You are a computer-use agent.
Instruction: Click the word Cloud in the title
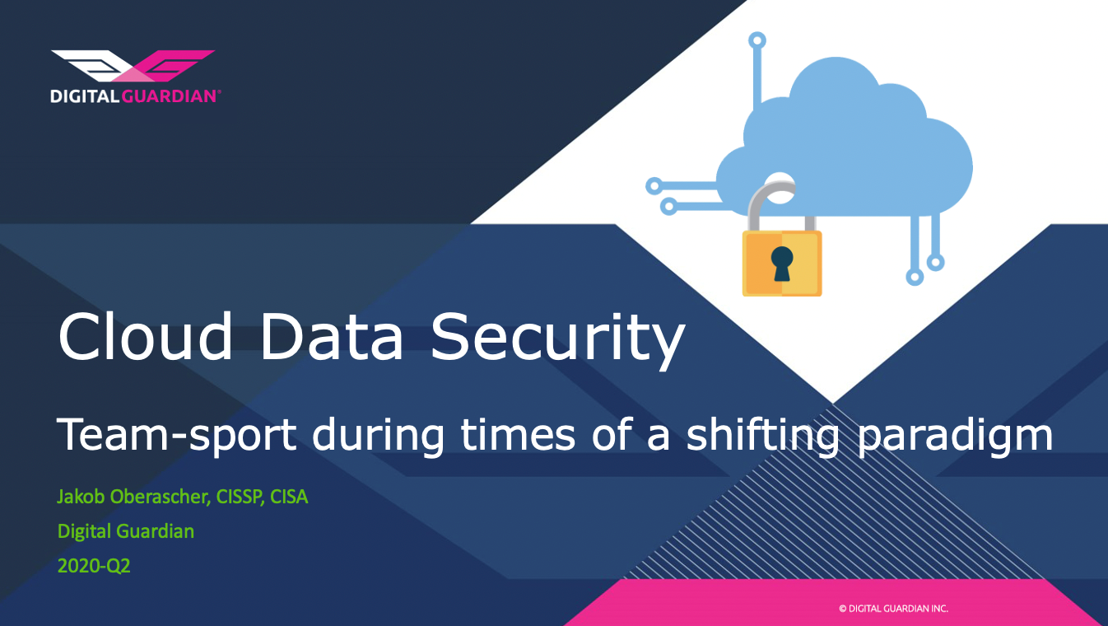(x=146, y=336)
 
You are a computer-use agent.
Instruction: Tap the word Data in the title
(x=332, y=337)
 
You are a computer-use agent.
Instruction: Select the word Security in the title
(x=558, y=342)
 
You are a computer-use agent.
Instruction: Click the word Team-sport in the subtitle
(x=177, y=435)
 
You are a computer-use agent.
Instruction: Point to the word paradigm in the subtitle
(x=955, y=437)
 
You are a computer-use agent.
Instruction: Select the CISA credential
(x=289, y=497)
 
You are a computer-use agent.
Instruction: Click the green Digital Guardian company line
(x=126, y=531)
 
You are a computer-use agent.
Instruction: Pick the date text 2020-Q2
(x=94, y=566)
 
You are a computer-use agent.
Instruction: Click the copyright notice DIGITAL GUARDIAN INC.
(x=893, y=609)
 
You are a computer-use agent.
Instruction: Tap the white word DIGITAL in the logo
(x=85, y=96)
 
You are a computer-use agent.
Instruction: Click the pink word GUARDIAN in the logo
(x=169, y=96)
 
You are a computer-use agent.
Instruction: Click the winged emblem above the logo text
(x=133, y=65)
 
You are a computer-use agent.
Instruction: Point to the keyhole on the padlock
(x=782, y=264)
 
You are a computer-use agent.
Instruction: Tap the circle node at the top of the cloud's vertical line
(x=757, y=40)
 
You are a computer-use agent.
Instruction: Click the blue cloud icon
(x=845, y=138)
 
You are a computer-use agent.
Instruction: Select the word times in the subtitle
(x=518, y=435)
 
